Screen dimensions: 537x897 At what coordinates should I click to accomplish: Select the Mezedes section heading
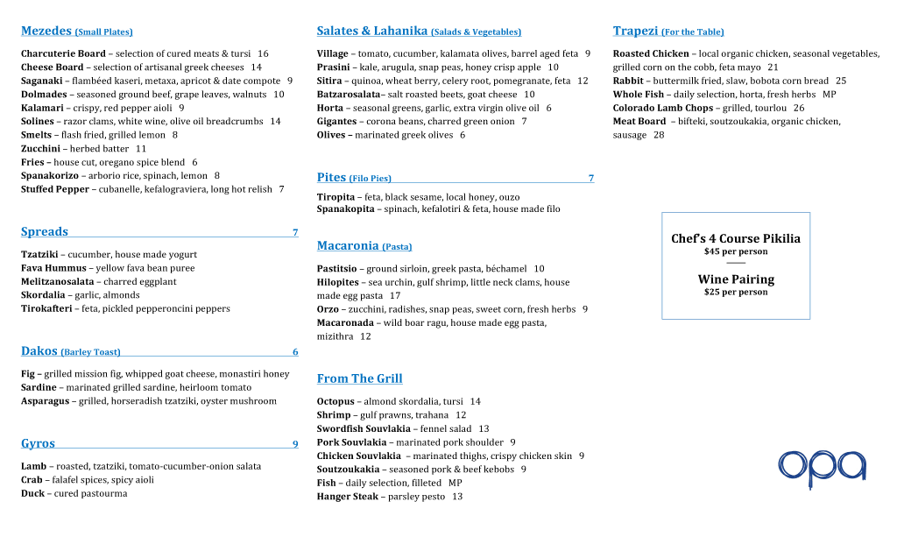(x=46, y=32)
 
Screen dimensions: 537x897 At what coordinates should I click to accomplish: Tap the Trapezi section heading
(x=635, y=32)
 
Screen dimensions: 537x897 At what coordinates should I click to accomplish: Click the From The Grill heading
(x=359, y=378)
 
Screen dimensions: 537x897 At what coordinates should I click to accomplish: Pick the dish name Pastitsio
(x=336, y=269)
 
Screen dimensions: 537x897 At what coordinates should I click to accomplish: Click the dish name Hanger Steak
(x=348, y=497)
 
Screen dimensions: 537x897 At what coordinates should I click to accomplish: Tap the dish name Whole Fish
(x=639, y=95)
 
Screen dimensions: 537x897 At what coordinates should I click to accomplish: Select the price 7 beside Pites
(x=590, y=179)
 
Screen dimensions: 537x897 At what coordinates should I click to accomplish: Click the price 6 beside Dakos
(x=295, y=352)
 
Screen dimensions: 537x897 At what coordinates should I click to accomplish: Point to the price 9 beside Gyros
(x=295, y=444)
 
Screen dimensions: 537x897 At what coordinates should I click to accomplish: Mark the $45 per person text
(x=736, y=251)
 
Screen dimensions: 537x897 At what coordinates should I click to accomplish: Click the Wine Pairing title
(x=736, y=279)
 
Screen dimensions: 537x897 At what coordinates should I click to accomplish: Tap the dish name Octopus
(x=335, y=401)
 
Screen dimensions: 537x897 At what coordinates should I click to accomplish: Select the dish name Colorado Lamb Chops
(x=663, y=108)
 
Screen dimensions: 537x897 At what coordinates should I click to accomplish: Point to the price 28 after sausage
(x=659, y=135)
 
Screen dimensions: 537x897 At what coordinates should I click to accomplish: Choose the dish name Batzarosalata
(x=349, y=95)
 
